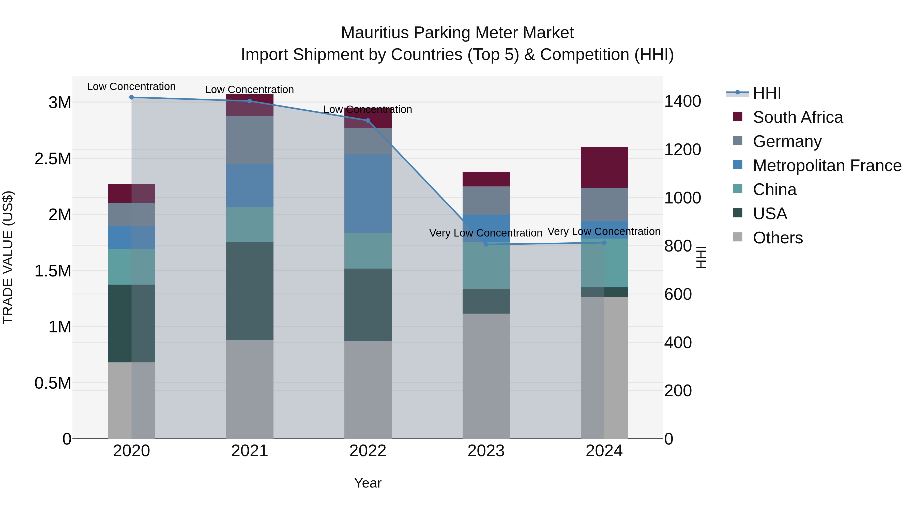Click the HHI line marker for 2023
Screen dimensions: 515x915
pos(486,244)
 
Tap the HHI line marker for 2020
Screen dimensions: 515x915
pos(131,97)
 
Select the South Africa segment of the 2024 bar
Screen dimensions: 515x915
pos(604,167)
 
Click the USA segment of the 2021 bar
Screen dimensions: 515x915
pos(250,291)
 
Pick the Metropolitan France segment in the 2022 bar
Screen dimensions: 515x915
pos(368,194)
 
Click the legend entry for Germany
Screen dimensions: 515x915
pos(787,141)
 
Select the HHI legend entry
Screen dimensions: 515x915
pos(767,93)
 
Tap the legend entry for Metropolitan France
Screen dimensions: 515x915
pos(827,166)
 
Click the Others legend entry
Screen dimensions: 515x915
pos(777,238)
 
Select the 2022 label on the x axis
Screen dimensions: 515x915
pos(368,451)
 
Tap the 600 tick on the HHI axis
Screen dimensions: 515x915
pos(678,294)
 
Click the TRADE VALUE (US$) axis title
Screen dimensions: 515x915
pos(8,257)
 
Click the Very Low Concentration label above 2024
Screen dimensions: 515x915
pos(604,231)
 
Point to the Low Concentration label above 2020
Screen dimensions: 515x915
pos(131,86)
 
